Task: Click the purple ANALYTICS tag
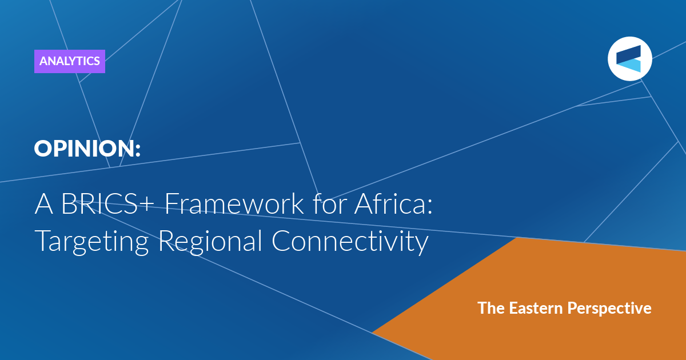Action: coord(70,61)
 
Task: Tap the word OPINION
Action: coord(84,149)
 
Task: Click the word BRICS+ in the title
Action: coord(108,203)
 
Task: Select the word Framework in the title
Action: coord(234,203)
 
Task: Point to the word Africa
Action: coord(389,203)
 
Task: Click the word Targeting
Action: coord(91,242)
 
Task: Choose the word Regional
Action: coord(210,242)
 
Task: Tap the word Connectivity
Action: coord(350,242)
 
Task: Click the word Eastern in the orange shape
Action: coord(536,308)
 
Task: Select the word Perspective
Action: coord(609,309)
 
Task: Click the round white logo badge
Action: coord(629,59)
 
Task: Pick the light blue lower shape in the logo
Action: coord(630,66)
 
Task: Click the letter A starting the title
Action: coord(44,204)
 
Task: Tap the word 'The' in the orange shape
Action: coord(491,308)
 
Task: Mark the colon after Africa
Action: coord(429,207)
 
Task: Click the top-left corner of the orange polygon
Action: coord(517,238)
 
